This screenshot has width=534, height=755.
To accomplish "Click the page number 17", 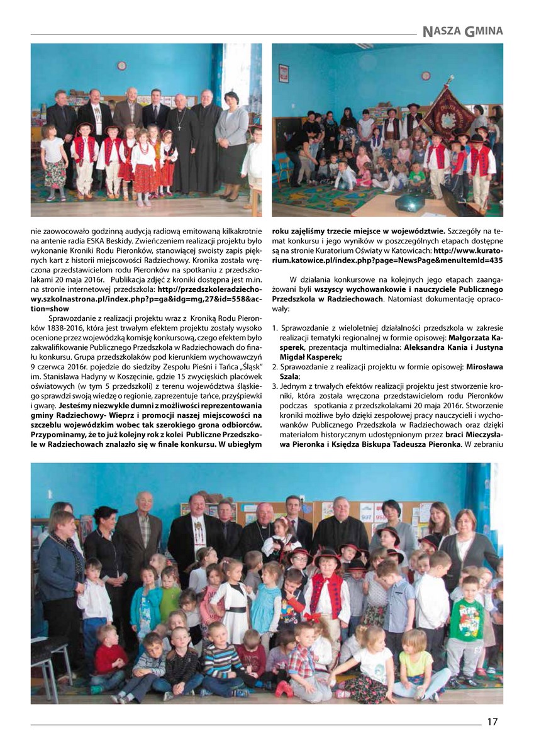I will tap(492, 722).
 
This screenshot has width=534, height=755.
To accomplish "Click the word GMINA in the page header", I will tap(484, 30).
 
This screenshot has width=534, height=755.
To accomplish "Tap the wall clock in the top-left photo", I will tap(121, 65).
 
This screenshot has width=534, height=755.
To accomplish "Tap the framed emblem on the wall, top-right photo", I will tap(284, 73).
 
